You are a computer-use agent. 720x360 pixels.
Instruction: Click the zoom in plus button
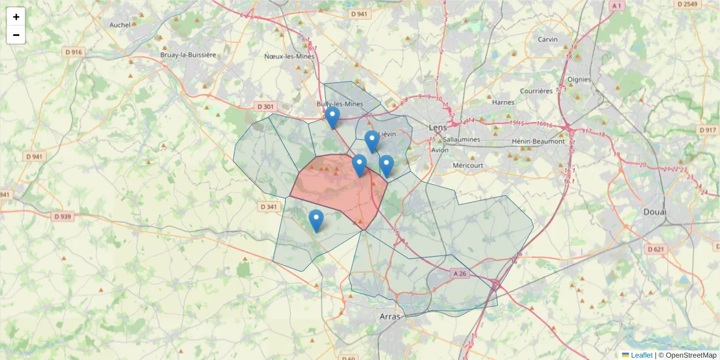click(16, 17)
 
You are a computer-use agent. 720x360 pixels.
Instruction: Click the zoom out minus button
click(16, 35)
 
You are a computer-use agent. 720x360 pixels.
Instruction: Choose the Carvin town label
click(547, 40)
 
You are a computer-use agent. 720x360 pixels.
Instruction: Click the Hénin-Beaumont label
click(538, 141)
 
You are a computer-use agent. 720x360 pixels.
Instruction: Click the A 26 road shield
click(460, 273)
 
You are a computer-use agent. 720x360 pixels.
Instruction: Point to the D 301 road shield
click(265, 106)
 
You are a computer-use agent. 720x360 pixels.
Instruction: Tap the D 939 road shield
click(63, 216)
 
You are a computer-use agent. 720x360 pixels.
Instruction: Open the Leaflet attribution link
click(641, 355)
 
